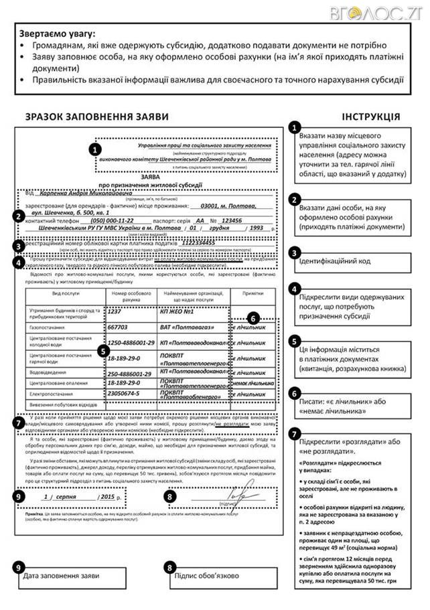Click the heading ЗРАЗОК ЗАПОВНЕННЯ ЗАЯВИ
pyautogui.click(x=97, y=117)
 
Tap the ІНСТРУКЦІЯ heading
pyautogui.click(x=370, y=117)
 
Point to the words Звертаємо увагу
pyautogui.click(x=58, y=33)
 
